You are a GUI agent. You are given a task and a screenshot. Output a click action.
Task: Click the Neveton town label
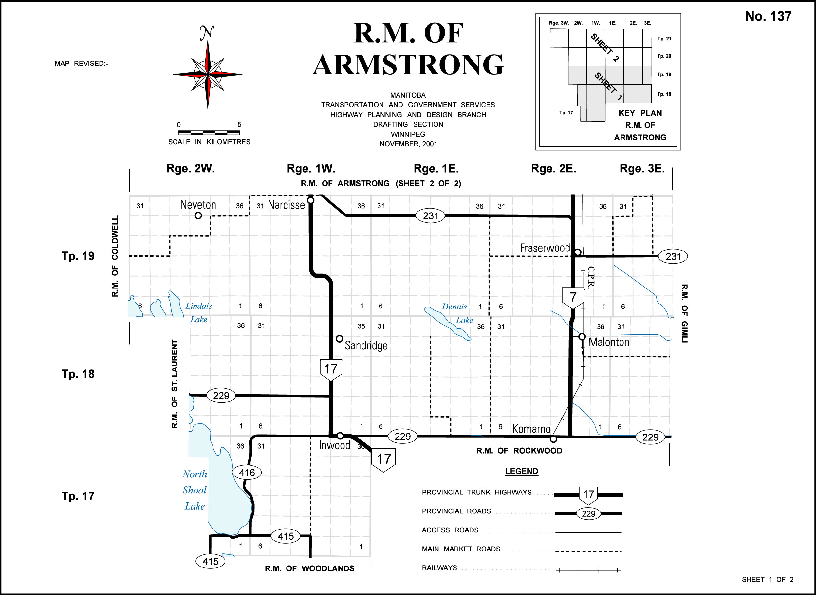pos(198,205)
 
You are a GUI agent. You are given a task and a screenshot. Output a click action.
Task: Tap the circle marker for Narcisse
pos(310,200)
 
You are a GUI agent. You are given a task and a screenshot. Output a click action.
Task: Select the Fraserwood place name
pos(545,248)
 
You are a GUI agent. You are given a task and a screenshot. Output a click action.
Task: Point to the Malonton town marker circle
pos(582,336)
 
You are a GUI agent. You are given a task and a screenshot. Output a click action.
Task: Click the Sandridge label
pos(366,345)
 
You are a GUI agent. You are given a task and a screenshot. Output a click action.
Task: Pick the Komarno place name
pos(531,429)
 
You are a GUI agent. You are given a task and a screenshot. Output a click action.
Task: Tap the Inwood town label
pos(334,446)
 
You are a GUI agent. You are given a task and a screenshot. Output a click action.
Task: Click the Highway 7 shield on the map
pos(573,297)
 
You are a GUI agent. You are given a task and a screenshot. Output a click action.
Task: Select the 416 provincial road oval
pos(247,472)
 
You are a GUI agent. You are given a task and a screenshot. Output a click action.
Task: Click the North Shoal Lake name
pos(195,490)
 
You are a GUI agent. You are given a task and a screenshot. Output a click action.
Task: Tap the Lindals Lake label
pos(198,312)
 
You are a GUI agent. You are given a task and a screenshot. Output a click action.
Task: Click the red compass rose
pos(208,74)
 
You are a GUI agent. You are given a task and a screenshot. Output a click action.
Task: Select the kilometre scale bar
pos(209,133)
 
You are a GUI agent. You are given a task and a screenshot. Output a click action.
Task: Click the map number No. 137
pos(768,16)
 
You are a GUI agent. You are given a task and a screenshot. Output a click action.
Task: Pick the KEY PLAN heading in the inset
pos(640,113)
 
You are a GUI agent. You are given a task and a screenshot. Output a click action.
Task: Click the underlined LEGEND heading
pos(521,471)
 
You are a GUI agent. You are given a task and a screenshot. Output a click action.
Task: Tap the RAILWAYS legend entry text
pos(439,568)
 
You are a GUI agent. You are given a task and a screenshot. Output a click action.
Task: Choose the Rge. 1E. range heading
pos(436,169)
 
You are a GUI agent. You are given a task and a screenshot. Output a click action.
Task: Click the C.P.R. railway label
pos(591,277)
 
